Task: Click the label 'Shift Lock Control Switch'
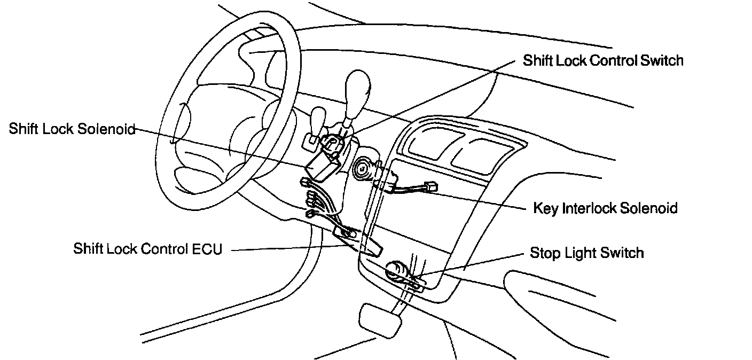[603, 60]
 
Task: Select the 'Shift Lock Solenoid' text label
[72, 129]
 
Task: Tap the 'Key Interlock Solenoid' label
[605, 207]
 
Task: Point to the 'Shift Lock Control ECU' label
[147, 249]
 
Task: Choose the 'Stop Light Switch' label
[586, 252]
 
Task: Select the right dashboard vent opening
[479, 153]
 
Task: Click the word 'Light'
[582, 253]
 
